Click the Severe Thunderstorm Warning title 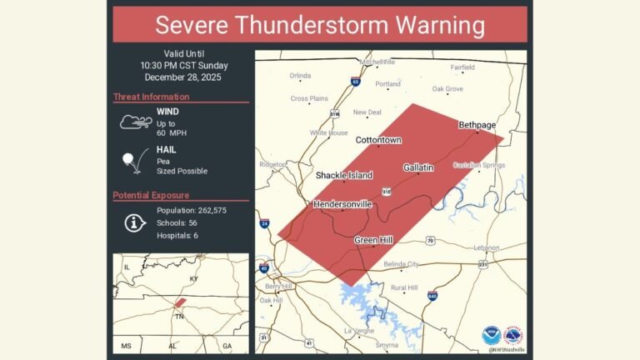(x=320, y=24)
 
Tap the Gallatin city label (x=418, y=167)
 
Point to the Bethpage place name (x=477, y=125)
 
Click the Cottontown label (x=379, y=141)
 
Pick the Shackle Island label (x=343, y=176)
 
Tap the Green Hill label (x=373, y=240)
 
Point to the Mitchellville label (x=377, y=62)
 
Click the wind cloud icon (x=136, y=122)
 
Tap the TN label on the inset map (x=177, y=317)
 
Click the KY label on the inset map (x=194, y=278)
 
